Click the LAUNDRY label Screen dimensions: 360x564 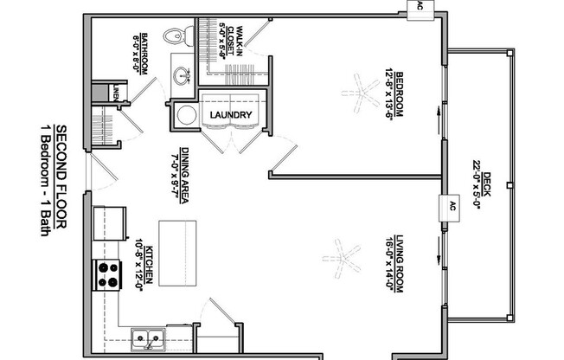(x=230, y=115)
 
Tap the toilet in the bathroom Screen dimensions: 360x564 (x=174, y=37)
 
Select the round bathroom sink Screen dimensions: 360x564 (x=183, y=76)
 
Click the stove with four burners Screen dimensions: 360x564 (x=107, y=273)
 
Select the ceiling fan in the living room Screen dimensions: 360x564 (x=340, y=256)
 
